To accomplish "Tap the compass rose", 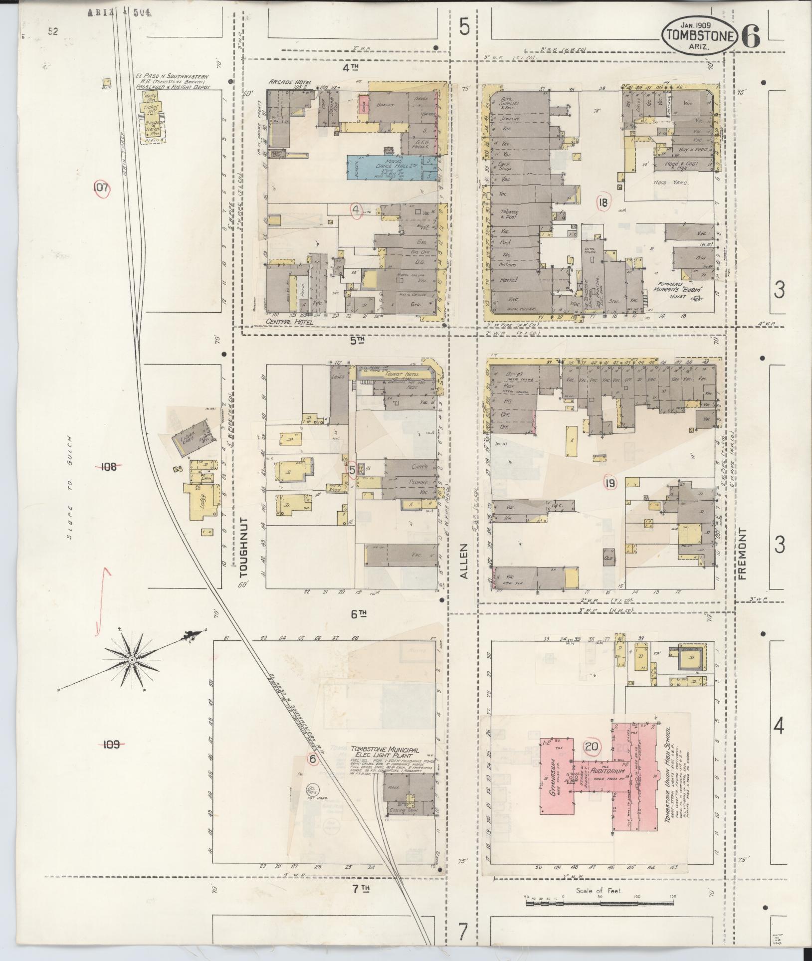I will point(132,659).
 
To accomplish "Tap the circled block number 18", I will point(604,202).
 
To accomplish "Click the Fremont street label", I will point(743,553).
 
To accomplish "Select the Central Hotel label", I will point(289,322).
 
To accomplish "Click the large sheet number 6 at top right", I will point(751,36).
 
